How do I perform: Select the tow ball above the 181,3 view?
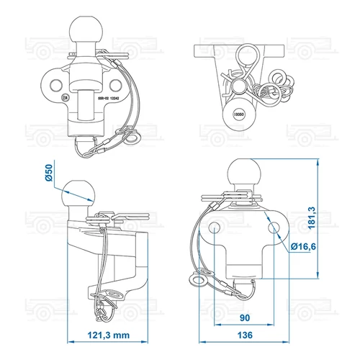243,175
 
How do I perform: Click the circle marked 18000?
238,114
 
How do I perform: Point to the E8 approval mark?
66,98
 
